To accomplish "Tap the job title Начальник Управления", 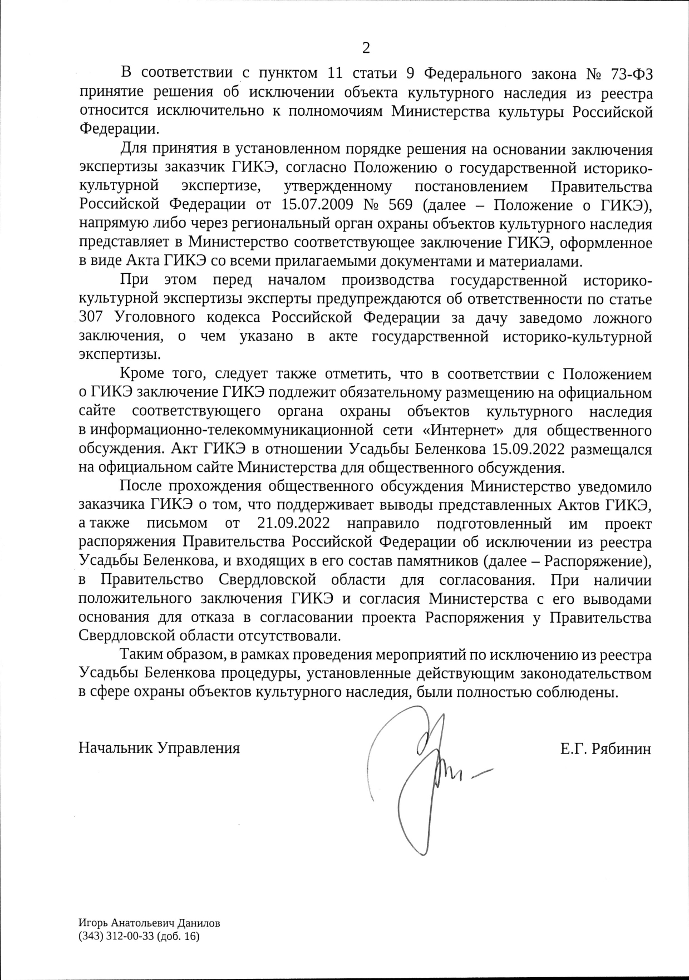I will point(159,747).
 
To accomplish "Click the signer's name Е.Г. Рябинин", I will point(606,748).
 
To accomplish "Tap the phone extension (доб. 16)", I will point(178,937).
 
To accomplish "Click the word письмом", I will point(176,523).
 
